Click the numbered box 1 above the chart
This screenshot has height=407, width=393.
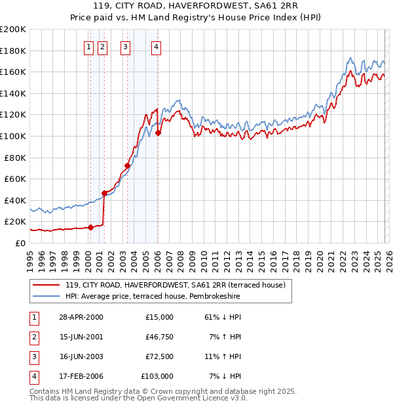tap(88, 47)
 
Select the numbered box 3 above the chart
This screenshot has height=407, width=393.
tap(125, 47)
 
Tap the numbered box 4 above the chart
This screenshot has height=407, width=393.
tap(157, 47)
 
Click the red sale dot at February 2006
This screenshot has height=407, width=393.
tap(158, 133)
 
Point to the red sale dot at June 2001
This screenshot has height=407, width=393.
tap(104, 193)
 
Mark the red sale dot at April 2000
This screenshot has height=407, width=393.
tap(91, 228)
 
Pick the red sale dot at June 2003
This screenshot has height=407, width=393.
tap(127, 165)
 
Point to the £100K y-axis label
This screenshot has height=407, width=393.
tap(13, 136)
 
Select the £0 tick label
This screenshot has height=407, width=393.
tap(20, 243)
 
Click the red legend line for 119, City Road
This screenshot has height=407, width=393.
tap(47, 286)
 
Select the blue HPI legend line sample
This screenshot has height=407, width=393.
tap(47, 297)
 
